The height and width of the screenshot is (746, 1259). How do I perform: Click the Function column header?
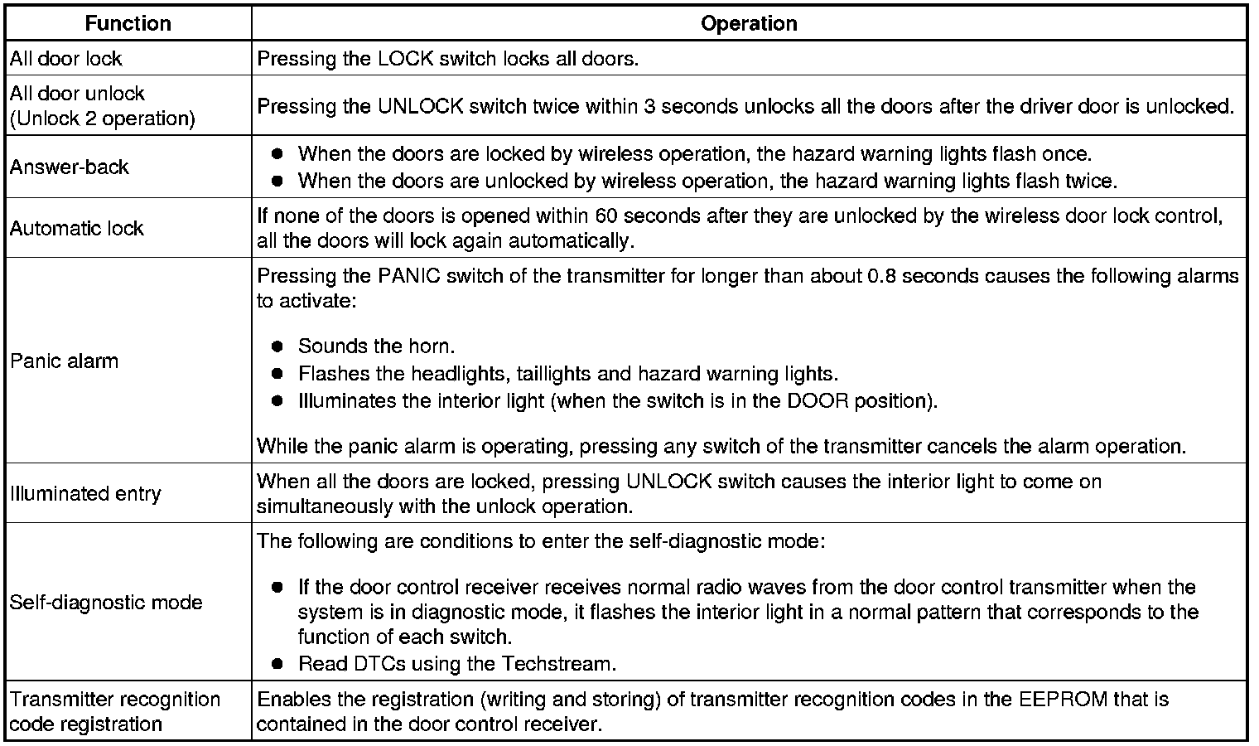(x=128, y=23)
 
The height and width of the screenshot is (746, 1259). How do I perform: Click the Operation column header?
(x=749, y=23)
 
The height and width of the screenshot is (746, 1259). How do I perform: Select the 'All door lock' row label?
(x=66, y=59)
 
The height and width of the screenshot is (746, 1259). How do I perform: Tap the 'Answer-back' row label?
(x=70, y=167)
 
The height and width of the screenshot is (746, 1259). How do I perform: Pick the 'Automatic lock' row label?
(x=77, y=228)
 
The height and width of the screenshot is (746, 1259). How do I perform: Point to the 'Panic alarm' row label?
(x=65, y=361)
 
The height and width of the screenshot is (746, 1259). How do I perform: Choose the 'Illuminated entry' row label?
(x=85, y=493)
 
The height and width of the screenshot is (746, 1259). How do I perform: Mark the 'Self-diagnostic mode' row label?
(x=106, y=602)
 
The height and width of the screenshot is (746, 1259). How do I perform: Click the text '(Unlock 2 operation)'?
(x=103, y=119)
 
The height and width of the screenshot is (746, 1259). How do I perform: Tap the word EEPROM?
(x=1060, y=699)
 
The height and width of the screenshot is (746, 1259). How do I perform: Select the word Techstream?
(x=557, y=664)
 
